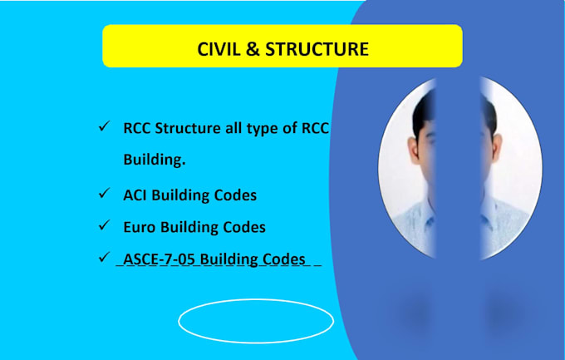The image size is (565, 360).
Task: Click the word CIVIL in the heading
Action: point(218,49)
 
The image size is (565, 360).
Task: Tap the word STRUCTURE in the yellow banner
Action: point(321,49)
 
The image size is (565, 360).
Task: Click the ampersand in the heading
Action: point(255,49)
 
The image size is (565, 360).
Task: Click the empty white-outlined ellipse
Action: point(256,320)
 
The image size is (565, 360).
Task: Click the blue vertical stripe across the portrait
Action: point(457,166)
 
